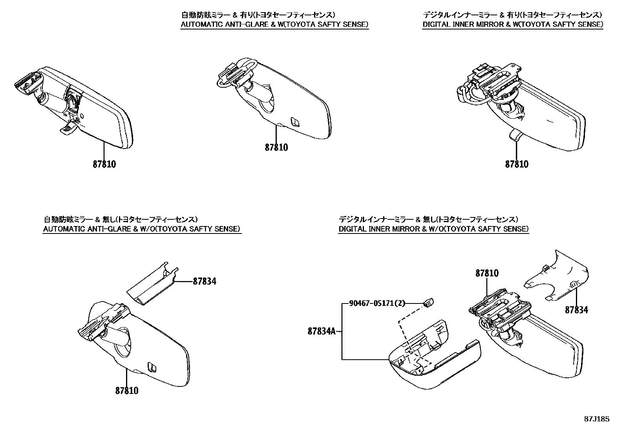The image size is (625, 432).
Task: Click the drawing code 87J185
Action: point(596,419)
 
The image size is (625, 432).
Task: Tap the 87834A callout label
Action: point(322,331)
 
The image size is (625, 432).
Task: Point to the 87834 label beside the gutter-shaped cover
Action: point(204,281)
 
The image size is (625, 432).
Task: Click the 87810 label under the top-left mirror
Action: point(104,164)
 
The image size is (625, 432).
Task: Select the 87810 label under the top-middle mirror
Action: point(276,147)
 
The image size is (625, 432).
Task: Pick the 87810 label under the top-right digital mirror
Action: point(517,164)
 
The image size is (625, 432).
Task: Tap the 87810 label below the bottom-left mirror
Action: point(127,390)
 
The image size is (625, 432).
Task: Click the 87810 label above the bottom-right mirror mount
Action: point(487,273)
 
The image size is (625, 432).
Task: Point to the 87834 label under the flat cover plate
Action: point(576,310)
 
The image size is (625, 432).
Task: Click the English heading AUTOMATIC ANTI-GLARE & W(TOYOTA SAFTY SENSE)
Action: point(274,25)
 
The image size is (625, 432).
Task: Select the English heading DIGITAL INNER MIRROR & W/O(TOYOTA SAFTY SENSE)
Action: point(433,229)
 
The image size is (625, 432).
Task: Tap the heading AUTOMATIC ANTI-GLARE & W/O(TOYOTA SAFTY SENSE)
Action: point(142,229)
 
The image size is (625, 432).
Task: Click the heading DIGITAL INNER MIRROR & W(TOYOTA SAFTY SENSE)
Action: point(513,25)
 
